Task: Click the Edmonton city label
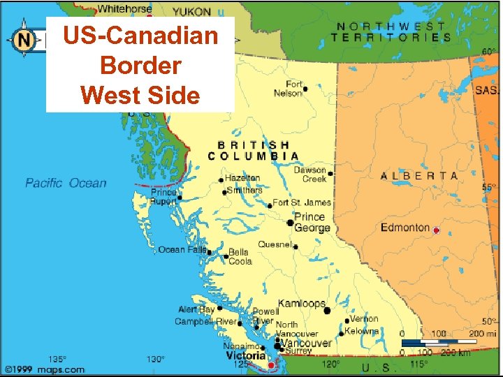click(404, 228)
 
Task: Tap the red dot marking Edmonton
click(437, 230)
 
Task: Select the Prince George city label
click(312, 223)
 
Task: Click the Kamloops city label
click(302, 304)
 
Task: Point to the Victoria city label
click(245, 355)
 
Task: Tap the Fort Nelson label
click(289, 89)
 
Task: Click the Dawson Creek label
click(309, 175)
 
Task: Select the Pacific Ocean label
click(66, 183)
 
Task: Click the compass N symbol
click(24, 40)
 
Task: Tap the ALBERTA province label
click(419, 176)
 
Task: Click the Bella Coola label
click(240, 256)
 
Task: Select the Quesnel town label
click(275, 244)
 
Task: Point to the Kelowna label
click(362, 331)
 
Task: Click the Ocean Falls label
click(182, 249)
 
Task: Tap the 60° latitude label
click(489, 52)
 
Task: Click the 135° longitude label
click(57, 359)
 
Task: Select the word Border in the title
click(140, 65)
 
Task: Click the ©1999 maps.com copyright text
click(45, 369)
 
